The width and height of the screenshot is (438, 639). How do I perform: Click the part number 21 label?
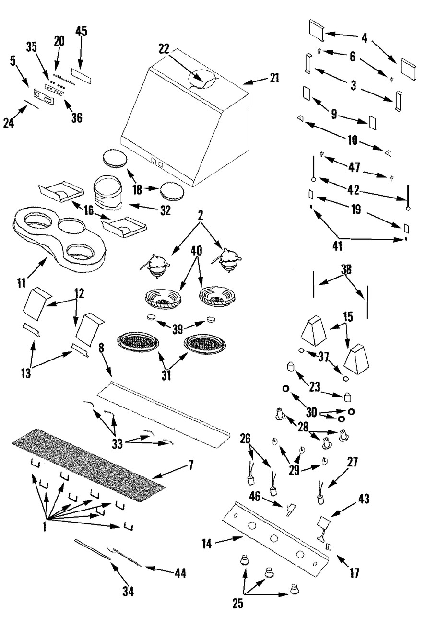pos(274,78)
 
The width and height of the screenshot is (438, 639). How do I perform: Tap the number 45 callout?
pos(81,31)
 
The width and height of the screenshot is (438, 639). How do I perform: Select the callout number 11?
pos(22,283)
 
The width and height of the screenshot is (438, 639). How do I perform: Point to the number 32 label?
pos(166,210)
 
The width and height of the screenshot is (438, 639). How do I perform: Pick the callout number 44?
pos(180,573)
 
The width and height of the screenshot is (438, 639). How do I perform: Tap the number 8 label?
pos(101,348)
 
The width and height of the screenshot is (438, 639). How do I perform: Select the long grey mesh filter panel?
pos(89,465)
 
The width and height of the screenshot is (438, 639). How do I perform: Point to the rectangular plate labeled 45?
pos(82,76)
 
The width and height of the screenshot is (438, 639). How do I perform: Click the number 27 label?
pos(352,462)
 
